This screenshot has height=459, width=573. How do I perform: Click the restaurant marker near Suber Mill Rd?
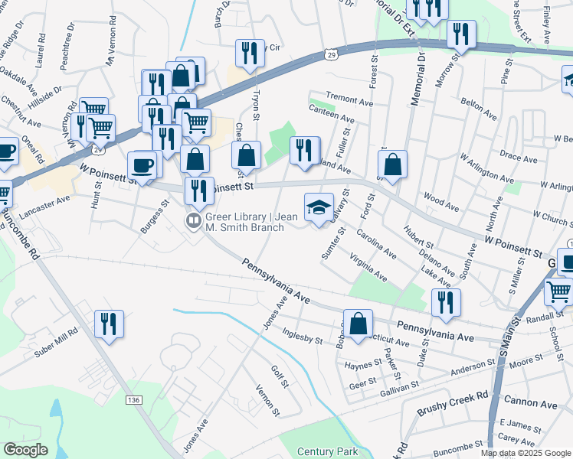[x=109, y=324]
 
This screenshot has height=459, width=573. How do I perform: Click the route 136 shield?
[x=134, y=400]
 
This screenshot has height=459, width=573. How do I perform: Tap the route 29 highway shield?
[x=330, y=54]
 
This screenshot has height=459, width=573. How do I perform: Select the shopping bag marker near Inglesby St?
[x=358, y=324]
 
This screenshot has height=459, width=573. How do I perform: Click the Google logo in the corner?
[x=25, y=449]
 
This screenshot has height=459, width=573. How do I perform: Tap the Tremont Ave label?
[x=349, y=99]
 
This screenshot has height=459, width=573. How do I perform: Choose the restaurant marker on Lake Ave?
[x=442, y=302]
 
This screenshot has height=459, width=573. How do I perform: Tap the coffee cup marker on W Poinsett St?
[x=142, y=164]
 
